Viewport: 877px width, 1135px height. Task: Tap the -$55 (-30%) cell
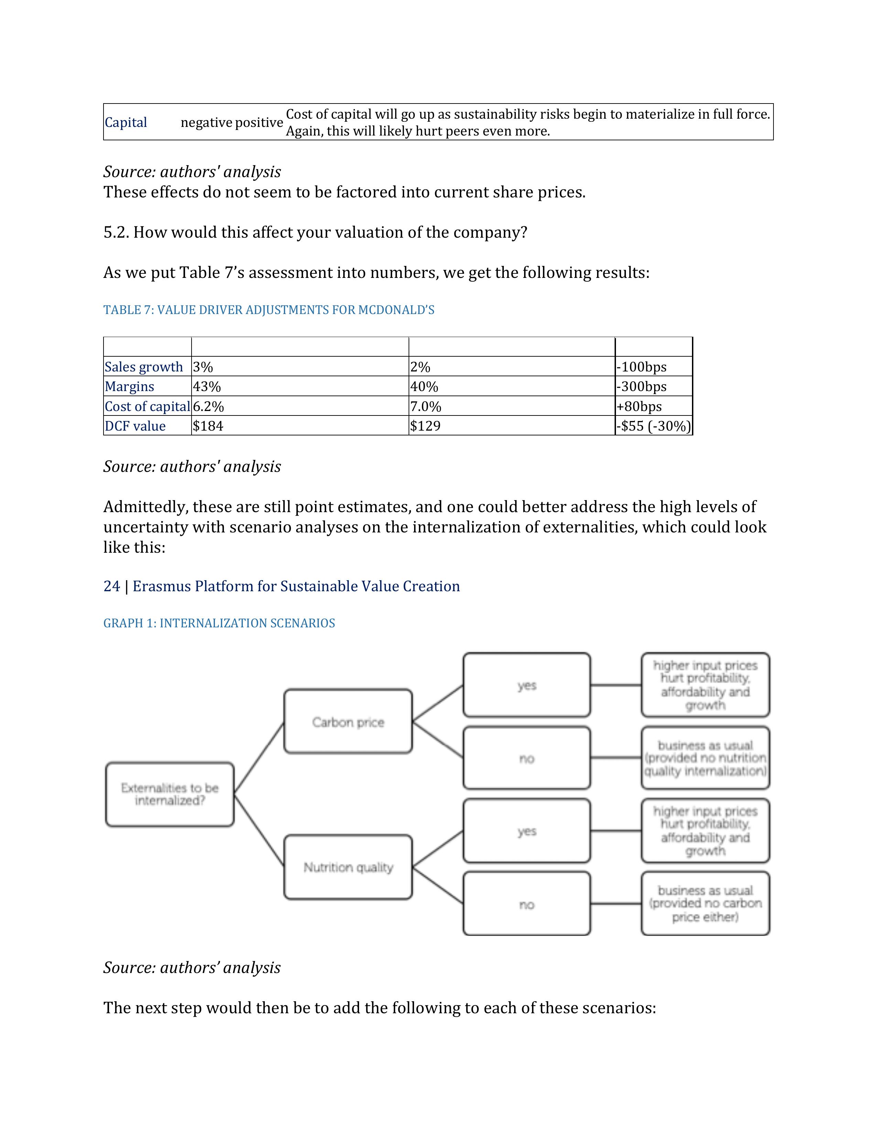tap(653, 426)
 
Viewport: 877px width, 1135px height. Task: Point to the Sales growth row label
tap(144, 367)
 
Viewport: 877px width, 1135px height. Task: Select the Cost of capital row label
tap(147, 407)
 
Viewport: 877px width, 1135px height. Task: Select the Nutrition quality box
tap(348, 867)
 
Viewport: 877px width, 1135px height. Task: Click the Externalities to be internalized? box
tap(170, 794)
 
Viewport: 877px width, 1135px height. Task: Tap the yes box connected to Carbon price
tap(526, 685)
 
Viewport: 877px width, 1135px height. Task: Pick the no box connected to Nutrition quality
tap(526, 904)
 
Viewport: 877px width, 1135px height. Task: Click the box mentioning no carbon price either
tap(705, 904)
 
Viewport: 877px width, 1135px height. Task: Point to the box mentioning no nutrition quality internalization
tap(705, 758)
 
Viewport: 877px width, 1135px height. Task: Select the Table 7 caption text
tap(269, 310)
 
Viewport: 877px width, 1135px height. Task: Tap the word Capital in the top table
tap(126, 123)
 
